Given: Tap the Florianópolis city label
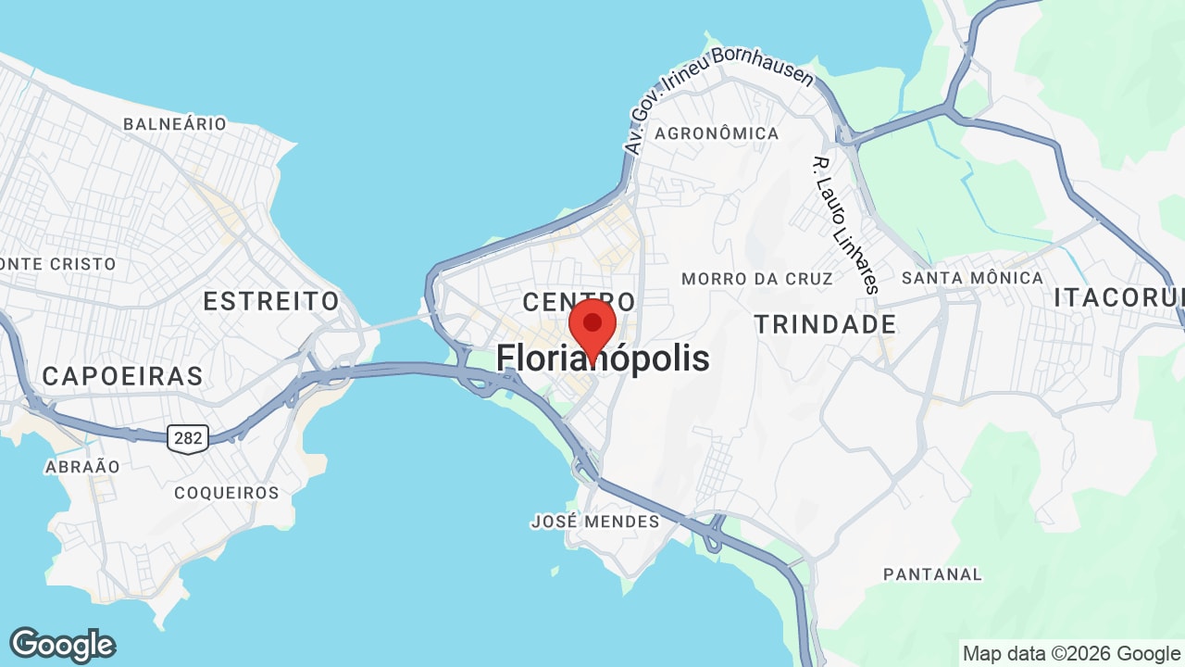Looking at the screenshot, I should point(603,359).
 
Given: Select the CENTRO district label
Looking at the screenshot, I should point(579,302).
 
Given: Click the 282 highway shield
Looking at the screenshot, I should point(188,438).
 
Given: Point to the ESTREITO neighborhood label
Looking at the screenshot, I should point(271,301).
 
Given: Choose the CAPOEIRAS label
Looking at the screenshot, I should point(122,376).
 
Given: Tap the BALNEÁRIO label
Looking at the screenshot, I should point(175,124).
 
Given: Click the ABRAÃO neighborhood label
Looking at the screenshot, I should point(82,467).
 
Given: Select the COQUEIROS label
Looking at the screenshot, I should point(227,493).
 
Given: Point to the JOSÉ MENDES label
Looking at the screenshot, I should point(595,522).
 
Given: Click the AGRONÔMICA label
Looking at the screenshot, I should point(717,133).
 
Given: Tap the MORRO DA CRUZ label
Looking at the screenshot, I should point(756,279).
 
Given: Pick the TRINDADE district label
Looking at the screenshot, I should point(825,324).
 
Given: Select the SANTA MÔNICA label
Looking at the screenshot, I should point(972,278).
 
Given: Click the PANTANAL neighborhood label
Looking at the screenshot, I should point(932,574).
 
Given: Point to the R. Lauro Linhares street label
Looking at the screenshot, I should point(843,224).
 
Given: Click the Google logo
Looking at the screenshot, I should point(62,645).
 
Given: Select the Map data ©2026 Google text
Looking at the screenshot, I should point(1071,653).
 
